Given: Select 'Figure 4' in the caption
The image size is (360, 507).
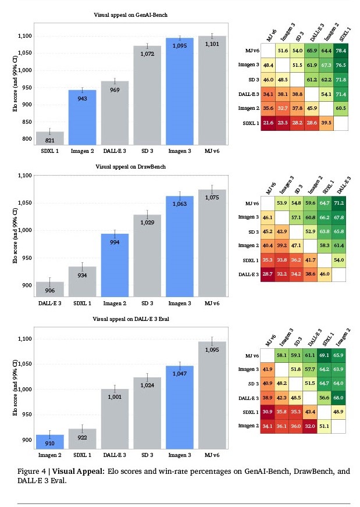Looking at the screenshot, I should coord(33,471).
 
